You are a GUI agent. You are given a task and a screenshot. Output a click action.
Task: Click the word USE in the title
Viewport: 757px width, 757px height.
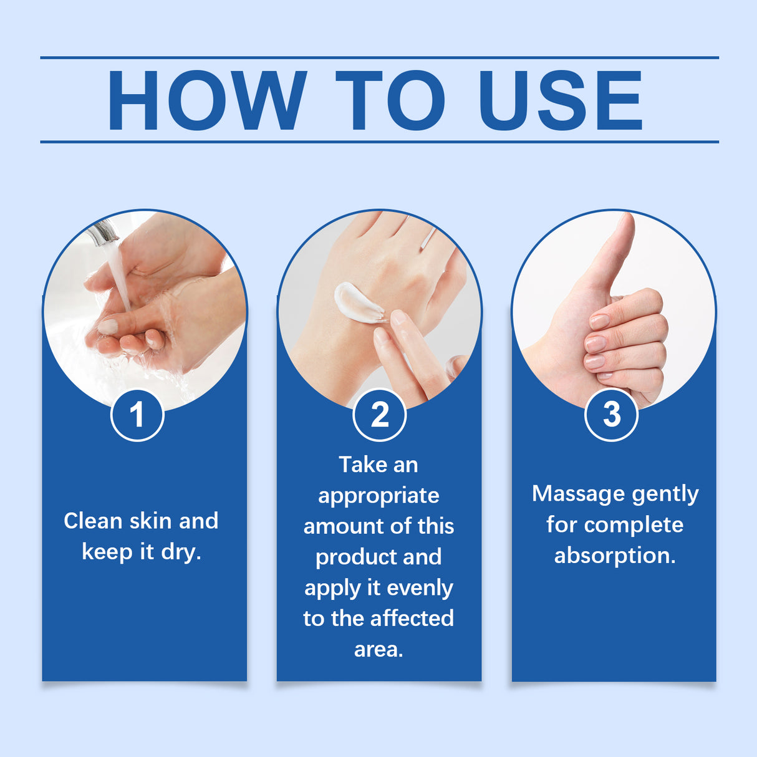(560, 100)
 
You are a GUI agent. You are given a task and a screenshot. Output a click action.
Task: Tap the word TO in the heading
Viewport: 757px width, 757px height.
(390, 100)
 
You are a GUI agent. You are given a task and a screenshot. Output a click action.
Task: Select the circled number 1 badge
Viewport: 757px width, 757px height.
(137, 415)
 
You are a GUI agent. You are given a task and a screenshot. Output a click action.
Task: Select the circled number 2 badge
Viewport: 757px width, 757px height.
(379, 415)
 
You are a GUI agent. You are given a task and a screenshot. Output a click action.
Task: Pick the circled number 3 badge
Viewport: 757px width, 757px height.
(612, 414)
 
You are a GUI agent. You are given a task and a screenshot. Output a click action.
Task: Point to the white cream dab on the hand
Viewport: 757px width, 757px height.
(358, 303)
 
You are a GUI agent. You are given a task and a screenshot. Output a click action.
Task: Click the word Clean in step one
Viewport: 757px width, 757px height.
(93, 521)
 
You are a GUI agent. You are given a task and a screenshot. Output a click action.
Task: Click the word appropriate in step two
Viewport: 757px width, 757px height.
(378, 496)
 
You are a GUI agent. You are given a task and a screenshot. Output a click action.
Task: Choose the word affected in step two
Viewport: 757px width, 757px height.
(414, 619)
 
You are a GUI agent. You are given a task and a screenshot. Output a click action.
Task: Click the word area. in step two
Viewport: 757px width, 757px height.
(378, 650)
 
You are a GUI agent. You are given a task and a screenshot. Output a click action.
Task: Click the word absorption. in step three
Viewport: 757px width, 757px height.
(615, 556)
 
